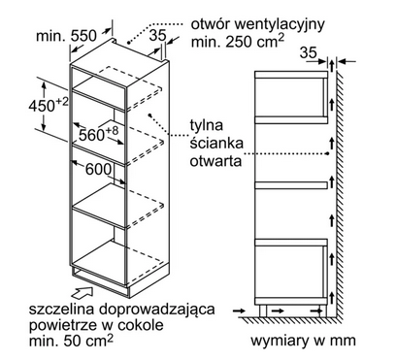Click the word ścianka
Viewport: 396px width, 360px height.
point(212,142)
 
